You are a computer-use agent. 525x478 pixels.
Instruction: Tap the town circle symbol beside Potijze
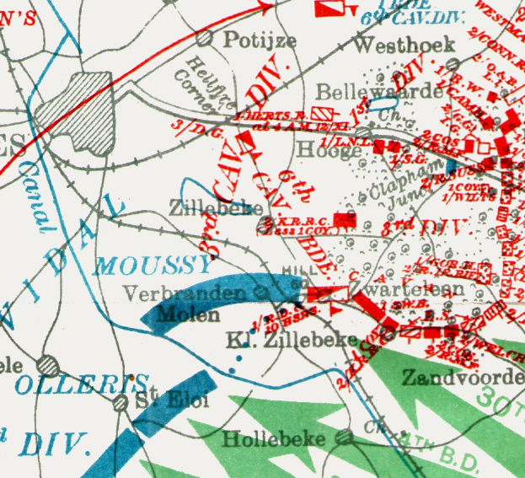pos(203,38)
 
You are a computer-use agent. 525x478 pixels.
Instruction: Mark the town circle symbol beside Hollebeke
pos(343,437)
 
